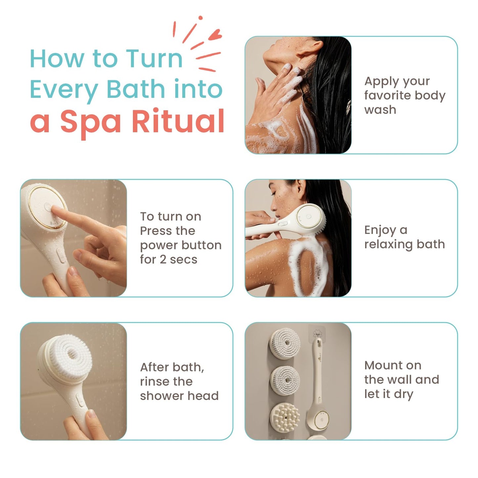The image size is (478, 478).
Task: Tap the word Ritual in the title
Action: click(178, 121)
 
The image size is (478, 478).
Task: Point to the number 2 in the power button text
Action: click(163, 260)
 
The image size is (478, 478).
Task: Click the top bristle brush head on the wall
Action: click(285, 343)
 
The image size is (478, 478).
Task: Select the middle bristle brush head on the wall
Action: click(285, 380)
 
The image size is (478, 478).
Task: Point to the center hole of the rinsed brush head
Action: click(72, 354)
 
